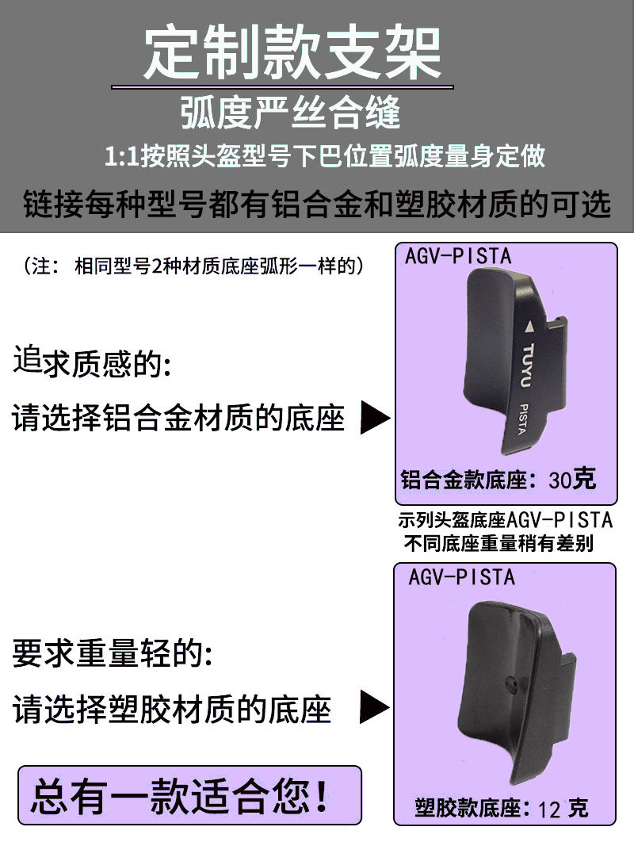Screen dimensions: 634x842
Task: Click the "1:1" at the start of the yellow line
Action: pyautogui.click(x=123, y=155)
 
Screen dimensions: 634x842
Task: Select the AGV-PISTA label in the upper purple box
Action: pyautogui.click(x=458, y=257)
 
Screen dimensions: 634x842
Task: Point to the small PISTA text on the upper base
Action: pyautogui.click(x=521, y=419)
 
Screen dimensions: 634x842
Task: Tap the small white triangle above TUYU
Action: pyautogui.click(x=529, y=326)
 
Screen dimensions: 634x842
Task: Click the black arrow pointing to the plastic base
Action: pyautogui.click(x=374, y=706)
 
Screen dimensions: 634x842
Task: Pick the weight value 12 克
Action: pyautogui.click(x=563, y=809)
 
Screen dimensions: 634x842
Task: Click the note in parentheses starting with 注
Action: pyautogui.click(x=194, y=266)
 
